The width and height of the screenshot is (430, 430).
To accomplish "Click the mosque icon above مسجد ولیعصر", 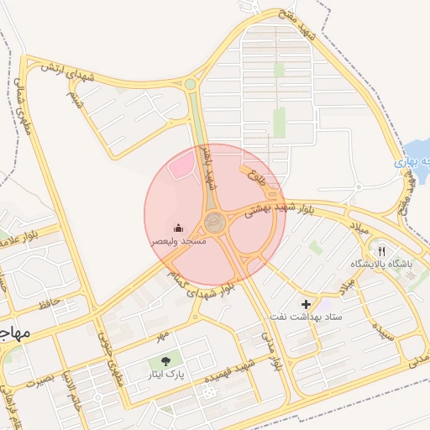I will click(179, 228).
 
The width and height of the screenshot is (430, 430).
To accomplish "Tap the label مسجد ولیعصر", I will click(178, 241).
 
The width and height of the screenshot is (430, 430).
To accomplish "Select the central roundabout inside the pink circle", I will click(216, 223).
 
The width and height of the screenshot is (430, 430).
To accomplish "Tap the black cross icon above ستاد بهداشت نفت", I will click(306, 303).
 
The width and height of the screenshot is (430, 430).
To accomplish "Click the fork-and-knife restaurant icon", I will click(382, 250).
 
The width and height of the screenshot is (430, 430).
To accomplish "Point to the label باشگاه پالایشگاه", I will click(382, 264).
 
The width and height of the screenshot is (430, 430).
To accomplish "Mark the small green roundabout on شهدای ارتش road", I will click(191, 84).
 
